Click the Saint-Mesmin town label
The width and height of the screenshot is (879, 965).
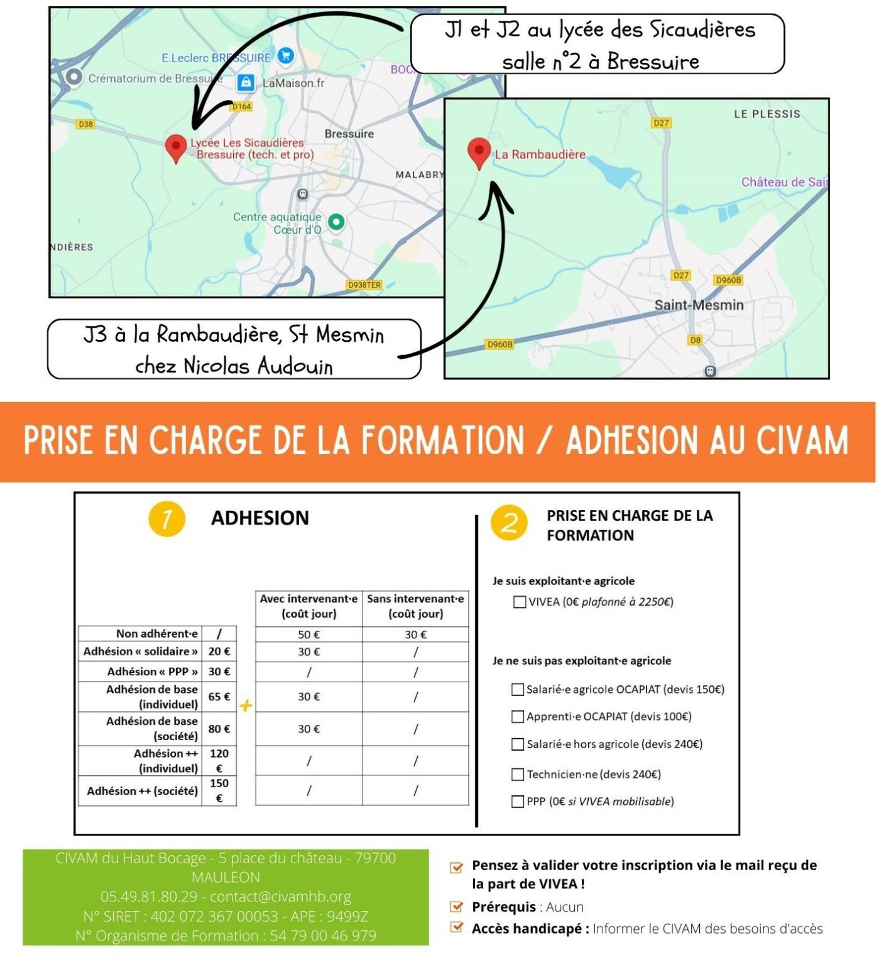(699, 305)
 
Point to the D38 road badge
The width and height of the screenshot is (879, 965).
(85, 124)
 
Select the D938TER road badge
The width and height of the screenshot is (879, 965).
(364, 285)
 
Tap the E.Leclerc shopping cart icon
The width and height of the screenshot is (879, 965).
(286, 56)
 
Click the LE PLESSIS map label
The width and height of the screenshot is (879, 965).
(767, 114)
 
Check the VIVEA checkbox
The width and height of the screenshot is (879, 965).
(520, 602)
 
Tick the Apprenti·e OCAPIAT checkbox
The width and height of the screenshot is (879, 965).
(518, 716)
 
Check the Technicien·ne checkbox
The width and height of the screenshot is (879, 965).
(518, 774)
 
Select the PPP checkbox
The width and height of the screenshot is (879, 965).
(518, 801)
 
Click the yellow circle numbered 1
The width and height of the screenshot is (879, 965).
(167, 519)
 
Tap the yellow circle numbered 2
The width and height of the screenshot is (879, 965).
(510, 522)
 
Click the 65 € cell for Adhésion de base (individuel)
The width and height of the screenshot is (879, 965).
(219, 697)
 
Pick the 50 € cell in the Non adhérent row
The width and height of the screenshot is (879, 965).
(308, 635)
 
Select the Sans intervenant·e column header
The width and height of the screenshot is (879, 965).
(415, 606)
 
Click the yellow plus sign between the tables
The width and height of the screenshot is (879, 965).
(246, 706)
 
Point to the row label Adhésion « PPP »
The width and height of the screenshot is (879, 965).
(153, 672)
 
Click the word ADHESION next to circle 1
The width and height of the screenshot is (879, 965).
(260, 518)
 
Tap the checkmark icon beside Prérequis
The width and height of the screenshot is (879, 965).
(457, 907)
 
